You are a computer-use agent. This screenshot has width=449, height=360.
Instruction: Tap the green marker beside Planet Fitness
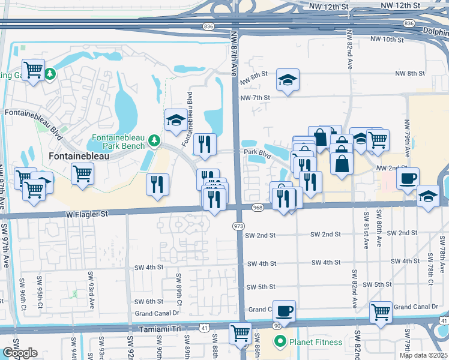[x=279, y=343]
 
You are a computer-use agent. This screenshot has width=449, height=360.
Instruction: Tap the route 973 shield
[x=238, y=226]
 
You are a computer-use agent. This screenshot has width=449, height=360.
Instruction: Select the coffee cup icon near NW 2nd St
[x=408, y=179]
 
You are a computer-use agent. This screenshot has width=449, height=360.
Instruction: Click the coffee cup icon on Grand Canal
[x=285, y=311]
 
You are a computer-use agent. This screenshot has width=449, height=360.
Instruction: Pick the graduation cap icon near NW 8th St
[x=288, y=80]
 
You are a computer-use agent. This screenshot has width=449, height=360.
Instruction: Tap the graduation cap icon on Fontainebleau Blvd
[x=176, y=120]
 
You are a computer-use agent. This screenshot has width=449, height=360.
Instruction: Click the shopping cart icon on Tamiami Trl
[x=240, y=332]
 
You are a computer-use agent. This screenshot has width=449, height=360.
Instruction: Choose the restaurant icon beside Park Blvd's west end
[x=205, y=143]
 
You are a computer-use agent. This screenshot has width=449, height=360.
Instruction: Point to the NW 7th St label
[x=255, y=97]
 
